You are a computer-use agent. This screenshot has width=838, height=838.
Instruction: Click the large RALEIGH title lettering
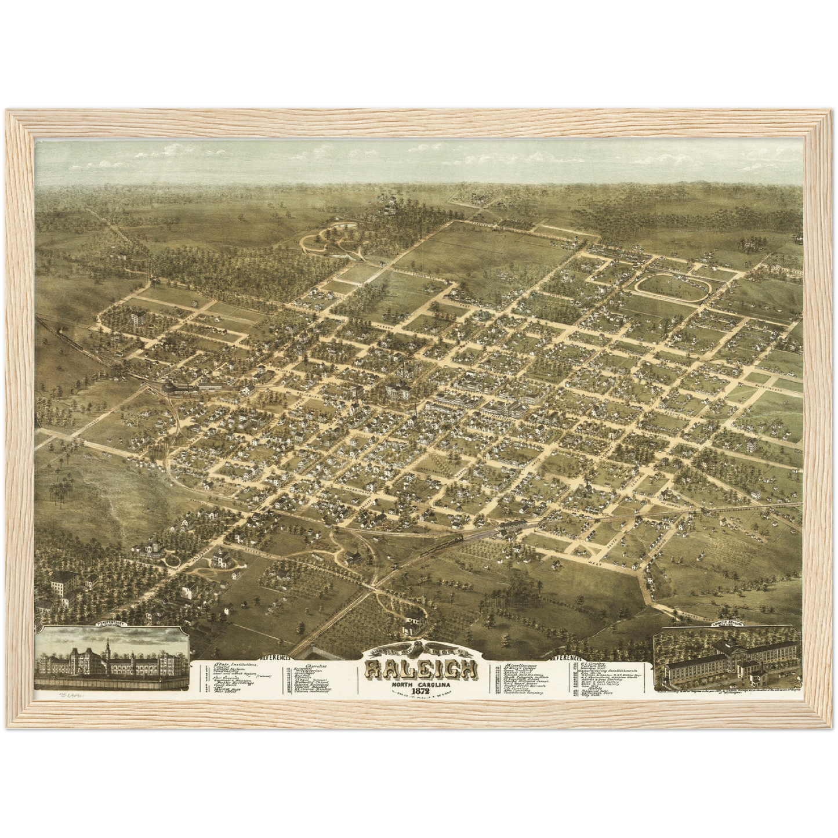tap(422, 670)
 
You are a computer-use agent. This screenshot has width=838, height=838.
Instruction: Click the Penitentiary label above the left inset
tap(112, 625)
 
